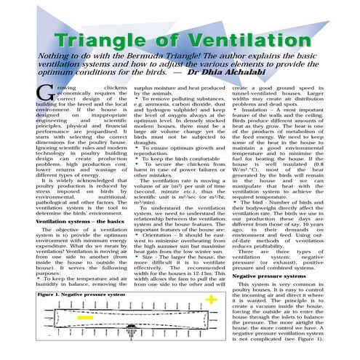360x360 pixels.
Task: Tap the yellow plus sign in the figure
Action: coord(210,300)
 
